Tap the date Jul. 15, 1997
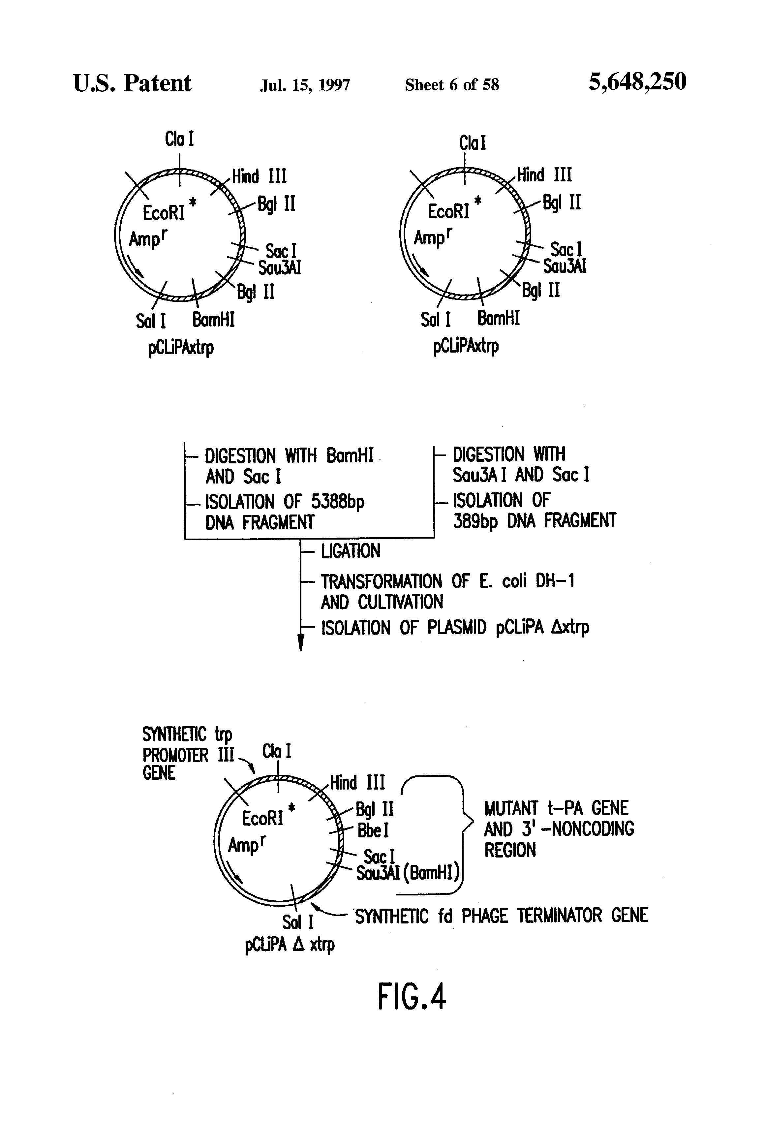click(x=305, y=85)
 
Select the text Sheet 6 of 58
click(x=452, y=85)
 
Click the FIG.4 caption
click(x=412, y=996)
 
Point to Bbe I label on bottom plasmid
click(x=373, y=830)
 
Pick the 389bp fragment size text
click(x=475, y=521)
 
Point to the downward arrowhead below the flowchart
click(x=301, y=643)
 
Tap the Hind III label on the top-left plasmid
click(x=259, y=176)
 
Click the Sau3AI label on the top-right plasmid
click(x=565, y=266)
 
